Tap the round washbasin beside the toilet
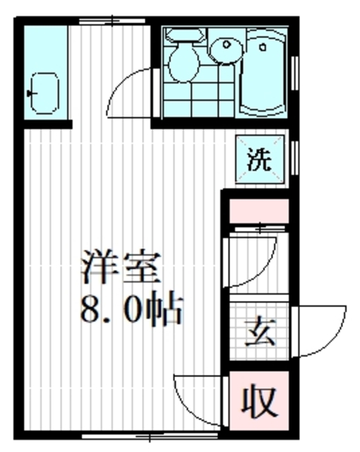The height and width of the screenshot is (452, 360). click(226, 49)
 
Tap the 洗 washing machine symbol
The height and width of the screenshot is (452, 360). click(258, 159)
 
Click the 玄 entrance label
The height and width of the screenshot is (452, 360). click(258, 331)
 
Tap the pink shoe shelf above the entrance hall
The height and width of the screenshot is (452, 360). click(258, 210)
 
